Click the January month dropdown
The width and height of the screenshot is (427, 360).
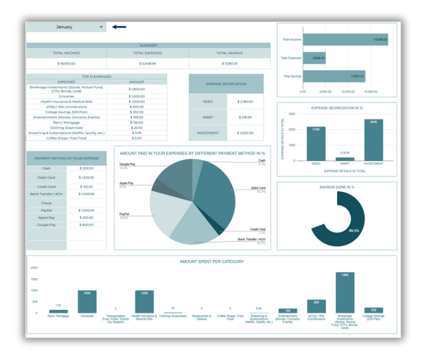[66, 27]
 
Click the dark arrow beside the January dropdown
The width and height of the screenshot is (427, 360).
[119, 26]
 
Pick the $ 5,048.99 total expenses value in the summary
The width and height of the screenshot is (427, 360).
[148, 63]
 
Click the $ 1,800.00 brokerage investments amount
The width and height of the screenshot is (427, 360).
[136, 89]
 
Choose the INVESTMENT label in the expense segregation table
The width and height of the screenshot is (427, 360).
[208, 133]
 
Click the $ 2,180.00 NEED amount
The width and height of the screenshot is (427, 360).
[245, 102]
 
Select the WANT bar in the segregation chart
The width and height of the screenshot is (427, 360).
[345, 159]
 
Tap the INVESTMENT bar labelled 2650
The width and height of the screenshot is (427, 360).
[373, 140]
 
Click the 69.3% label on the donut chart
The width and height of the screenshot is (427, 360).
[354, 230]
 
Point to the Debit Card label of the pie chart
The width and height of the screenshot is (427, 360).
[258, 188]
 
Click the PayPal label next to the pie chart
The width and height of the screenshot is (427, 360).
[124, 214]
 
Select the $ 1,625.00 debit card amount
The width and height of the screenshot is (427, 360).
[86, 178]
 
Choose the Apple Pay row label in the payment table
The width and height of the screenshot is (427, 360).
[46, 217]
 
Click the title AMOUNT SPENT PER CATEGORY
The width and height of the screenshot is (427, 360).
[211, 262]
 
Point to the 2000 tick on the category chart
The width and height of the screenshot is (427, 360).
[34, 268]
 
